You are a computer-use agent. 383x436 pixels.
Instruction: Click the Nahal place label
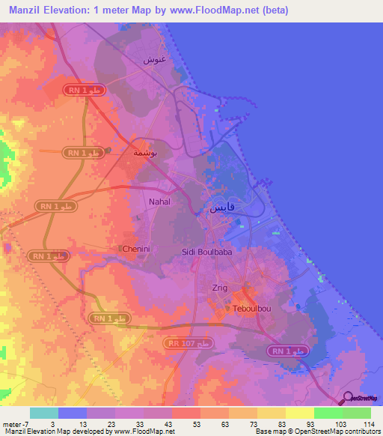tap(160, 202)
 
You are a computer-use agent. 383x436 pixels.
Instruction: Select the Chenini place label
tap(135, 248)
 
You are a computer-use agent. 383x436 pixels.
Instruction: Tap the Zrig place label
tap(220, 288)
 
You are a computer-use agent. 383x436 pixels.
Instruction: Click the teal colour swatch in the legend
tap(44, 413)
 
